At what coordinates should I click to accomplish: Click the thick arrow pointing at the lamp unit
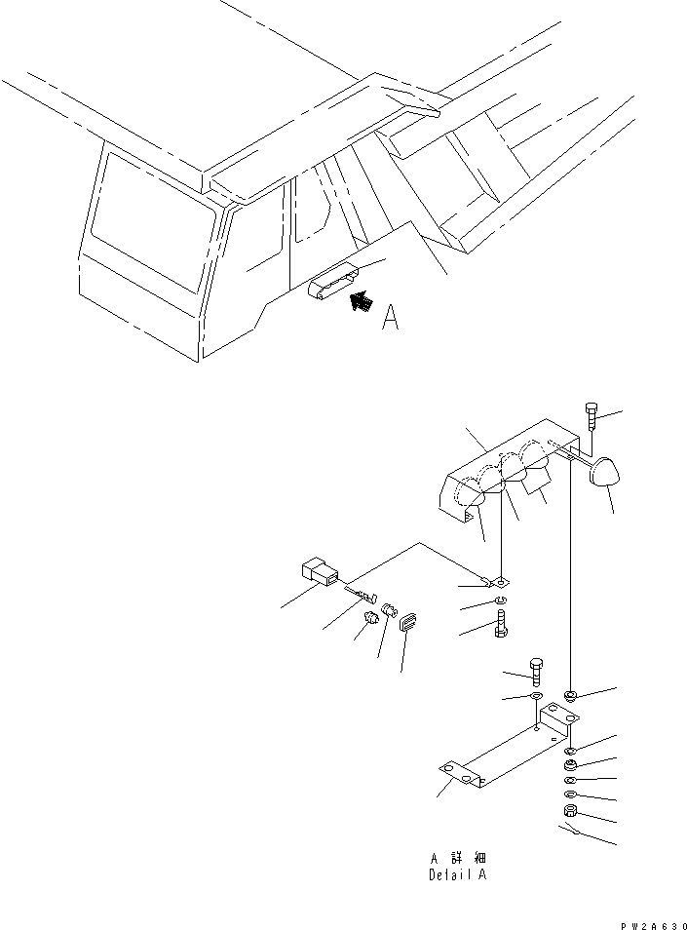coord(361,301)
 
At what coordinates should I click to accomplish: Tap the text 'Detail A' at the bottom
coord(457,874)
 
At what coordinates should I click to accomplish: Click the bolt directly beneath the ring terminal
coord(500,629)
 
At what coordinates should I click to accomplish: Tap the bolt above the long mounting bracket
coord(536,671)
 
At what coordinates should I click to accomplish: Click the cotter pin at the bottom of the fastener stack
coord(572,831)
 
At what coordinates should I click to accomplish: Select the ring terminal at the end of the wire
coord(498,585)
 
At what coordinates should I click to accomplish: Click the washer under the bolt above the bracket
coord(536,698)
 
